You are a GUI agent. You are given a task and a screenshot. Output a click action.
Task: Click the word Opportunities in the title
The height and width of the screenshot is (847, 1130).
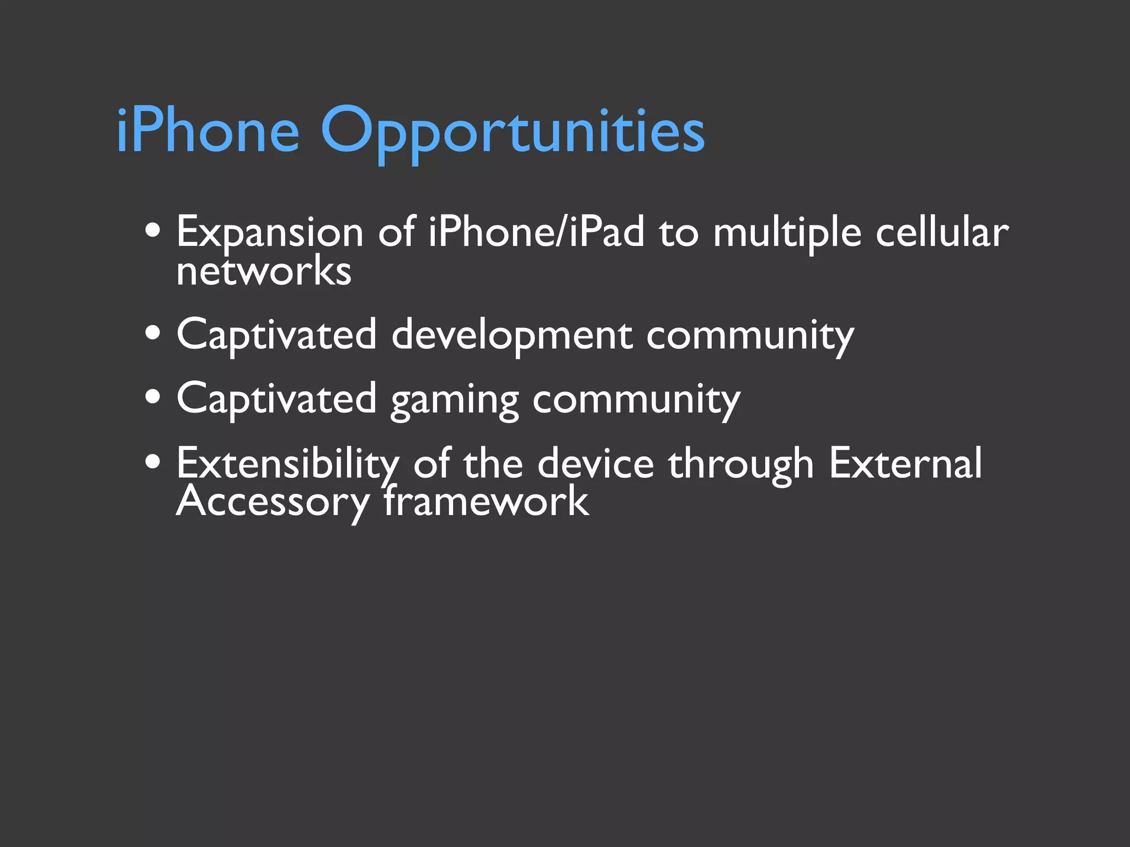coord(512,132)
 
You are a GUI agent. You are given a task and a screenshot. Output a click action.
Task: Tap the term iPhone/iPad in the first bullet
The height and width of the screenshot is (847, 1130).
coord(536,232)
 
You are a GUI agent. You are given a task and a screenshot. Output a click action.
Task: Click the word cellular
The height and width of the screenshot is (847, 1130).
coord(942,232)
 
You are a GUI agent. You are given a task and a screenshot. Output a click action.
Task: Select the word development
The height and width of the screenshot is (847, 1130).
coord(512,335)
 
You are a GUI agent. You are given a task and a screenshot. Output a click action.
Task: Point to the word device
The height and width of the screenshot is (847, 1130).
coord(596,463)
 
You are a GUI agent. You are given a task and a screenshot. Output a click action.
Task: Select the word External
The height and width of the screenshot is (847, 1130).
coord(905,463)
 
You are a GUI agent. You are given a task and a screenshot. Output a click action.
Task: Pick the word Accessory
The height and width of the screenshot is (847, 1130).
coord(273,502)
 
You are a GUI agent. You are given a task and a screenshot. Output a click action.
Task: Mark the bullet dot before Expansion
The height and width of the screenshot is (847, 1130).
coord(153,231)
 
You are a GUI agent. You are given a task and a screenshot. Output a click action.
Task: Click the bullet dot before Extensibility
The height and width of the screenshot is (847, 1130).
coord(153,462)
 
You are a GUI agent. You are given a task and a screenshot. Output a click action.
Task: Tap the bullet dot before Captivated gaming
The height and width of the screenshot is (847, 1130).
coord(153,396)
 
